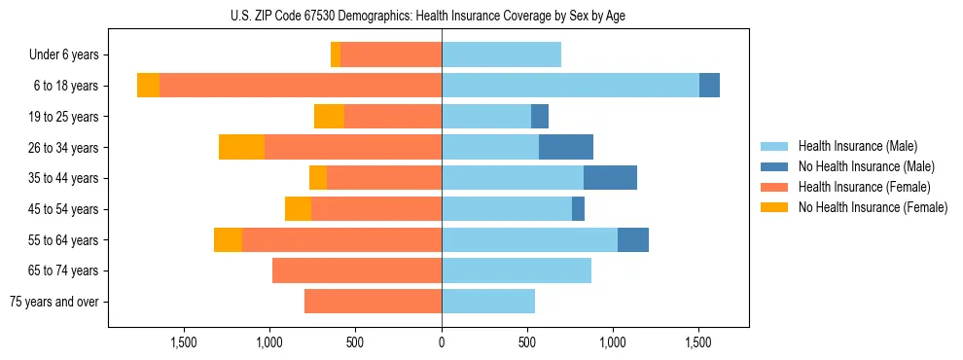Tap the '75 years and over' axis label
coord(53,302)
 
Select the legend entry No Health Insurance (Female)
coord(872,207)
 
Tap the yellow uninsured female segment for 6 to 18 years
coord(148,86)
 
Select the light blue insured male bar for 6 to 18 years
coord(570,86)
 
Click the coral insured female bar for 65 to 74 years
coord(357,270)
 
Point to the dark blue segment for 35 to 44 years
coord(610,178)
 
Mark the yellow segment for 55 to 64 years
coord(228,239)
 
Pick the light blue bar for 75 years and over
coord(488,302)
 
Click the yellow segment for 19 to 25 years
coord(329,117)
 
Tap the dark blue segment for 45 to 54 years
coord(578,208)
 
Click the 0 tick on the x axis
coord(442,342)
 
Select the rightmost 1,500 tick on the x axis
coord(698,342)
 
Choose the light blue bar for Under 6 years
coord(501,55)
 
